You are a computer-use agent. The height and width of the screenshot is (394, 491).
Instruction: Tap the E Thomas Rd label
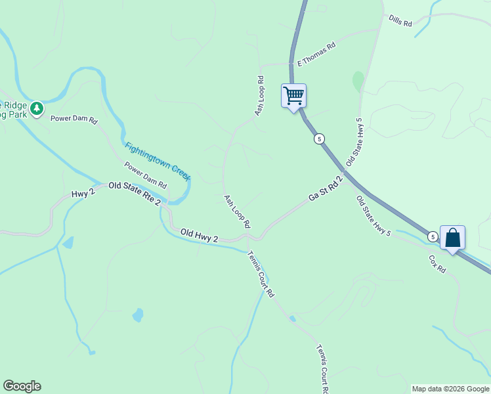316,54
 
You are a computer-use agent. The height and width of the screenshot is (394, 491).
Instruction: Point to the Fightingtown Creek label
158,162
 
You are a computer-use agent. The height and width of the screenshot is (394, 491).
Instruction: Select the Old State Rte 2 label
135,194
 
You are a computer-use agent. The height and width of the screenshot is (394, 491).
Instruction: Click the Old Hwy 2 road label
199,235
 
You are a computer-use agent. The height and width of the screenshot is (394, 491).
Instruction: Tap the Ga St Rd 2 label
326,188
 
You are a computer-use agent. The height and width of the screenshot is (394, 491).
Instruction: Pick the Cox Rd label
437,265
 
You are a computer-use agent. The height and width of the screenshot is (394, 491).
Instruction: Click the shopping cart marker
293,95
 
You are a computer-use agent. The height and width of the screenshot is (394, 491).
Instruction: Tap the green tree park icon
37,108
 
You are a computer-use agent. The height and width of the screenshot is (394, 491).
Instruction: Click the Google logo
22,386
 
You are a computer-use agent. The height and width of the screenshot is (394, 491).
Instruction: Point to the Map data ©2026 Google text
450,389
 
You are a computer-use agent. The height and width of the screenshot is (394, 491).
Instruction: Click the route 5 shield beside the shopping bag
433,236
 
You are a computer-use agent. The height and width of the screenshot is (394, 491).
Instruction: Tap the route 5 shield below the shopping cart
319,139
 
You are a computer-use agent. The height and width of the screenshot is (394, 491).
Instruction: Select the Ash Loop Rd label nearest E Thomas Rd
259,96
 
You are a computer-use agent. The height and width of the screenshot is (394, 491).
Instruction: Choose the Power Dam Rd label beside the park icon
74,120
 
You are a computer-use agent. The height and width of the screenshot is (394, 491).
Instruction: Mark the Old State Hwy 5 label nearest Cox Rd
374,216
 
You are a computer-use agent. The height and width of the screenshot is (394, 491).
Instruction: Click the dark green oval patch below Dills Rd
358,81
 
